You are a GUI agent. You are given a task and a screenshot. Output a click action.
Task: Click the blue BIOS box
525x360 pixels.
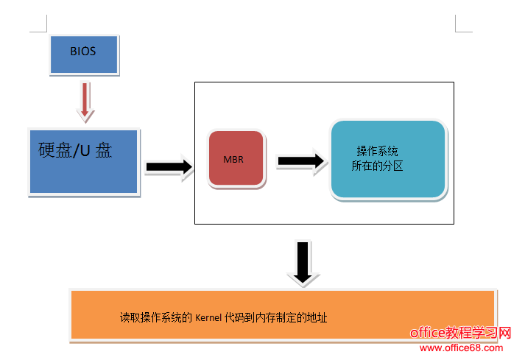tap(83, 53)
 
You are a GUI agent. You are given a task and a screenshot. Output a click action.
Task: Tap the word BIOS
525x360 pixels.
tap(83, 52)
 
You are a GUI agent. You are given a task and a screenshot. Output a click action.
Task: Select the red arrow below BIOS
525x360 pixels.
tap(86, 101)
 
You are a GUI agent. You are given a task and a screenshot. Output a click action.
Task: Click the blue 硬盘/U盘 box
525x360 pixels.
tap(84, 162)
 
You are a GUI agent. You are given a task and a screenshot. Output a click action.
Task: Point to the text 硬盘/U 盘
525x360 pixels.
tap(75, 150)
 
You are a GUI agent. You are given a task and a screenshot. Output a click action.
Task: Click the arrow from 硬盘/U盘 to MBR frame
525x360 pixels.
tap(169, 167)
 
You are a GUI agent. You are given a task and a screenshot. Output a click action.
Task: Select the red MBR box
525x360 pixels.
tap(236, 158)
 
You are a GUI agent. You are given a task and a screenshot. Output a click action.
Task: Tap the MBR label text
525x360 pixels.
tap(233, 159)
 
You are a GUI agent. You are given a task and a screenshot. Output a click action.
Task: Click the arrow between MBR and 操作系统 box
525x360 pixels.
tap(300, 160)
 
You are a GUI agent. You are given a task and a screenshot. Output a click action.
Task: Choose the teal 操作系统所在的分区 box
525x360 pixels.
tap(388, 159)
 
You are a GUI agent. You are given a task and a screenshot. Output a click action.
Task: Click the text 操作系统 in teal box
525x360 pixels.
tap(378, 149)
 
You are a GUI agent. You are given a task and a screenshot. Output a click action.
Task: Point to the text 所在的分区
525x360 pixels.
tap(377, 166)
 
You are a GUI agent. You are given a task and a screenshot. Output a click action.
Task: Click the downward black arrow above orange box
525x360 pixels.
tap(303, 261)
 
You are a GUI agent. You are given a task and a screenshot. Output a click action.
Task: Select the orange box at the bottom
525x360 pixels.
tap(282, 315)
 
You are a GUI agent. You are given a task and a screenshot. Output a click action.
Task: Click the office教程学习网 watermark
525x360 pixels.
tap(460, 333)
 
